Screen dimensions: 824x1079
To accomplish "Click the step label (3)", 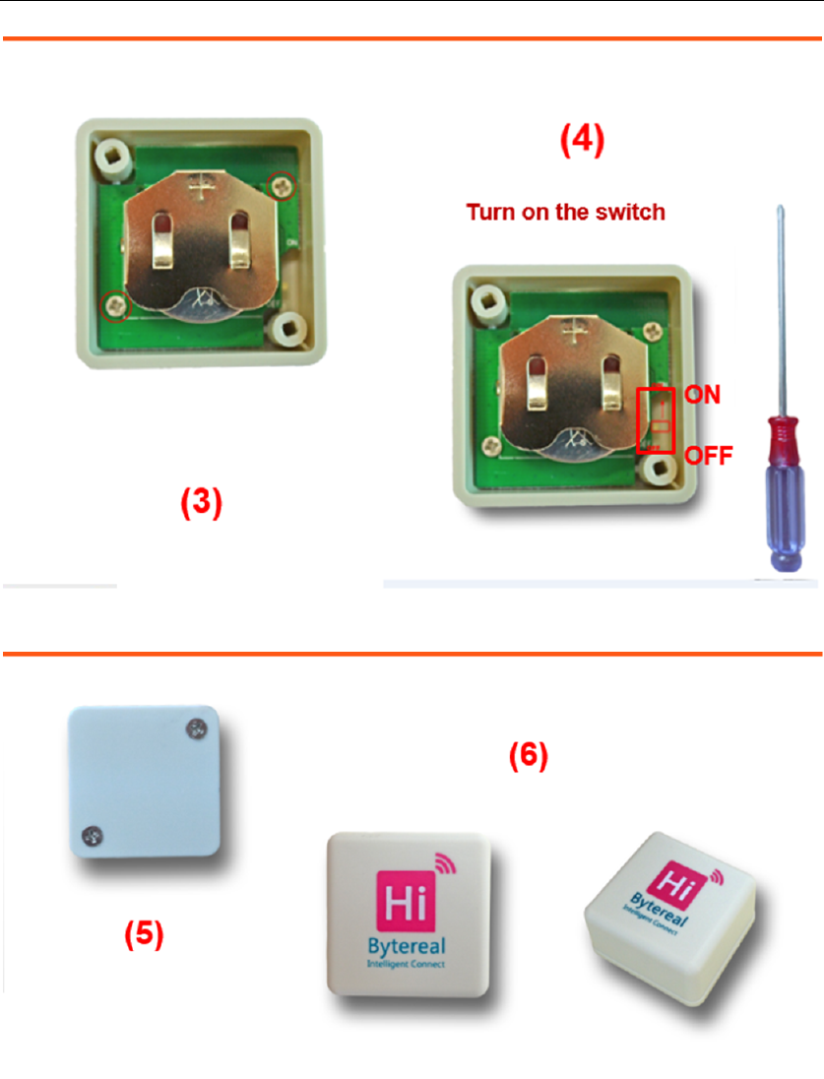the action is tap(200, 504).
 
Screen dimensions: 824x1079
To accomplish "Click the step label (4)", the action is tap(583, 141).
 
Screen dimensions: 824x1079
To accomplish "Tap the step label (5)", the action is tap(143, 933).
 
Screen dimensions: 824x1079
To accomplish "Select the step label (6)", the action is tap(528, 756).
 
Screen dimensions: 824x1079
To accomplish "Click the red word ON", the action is tap(703, 395).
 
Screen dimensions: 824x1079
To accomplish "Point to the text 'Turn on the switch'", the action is tap(565, 212).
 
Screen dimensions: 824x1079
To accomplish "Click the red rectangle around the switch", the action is tap(656, 419).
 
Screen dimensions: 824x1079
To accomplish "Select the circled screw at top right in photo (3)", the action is tap(282, 182).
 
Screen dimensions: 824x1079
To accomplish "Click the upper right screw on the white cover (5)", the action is tap(195, 730).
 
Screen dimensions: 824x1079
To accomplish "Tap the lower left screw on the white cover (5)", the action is tap(88, 838).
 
